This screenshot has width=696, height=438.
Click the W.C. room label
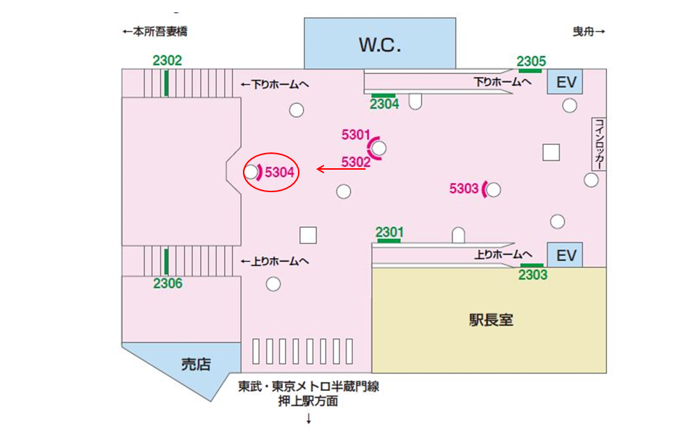click(x=380, y=45)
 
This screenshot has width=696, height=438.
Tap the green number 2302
click(x=167, y=61)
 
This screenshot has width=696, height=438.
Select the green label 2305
click(x=531, y=61)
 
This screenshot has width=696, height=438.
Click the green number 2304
click(x=384, y=104)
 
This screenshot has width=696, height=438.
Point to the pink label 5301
click(x=356, y=134)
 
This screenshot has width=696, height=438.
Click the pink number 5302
click(x=356, y=162)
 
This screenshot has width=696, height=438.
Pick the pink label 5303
click(x=464, y=189)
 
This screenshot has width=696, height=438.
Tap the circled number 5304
click(x=279, y=173)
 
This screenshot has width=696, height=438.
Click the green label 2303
click(x=533, y=276)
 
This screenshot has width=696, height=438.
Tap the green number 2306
click(x=167, y=284)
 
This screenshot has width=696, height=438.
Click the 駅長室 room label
click(x=491, y=320)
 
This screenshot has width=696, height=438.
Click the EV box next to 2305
click(x=565, y=82)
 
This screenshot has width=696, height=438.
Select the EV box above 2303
click(x=565, y=255)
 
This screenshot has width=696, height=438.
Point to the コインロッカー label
click(x=598, y=144)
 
